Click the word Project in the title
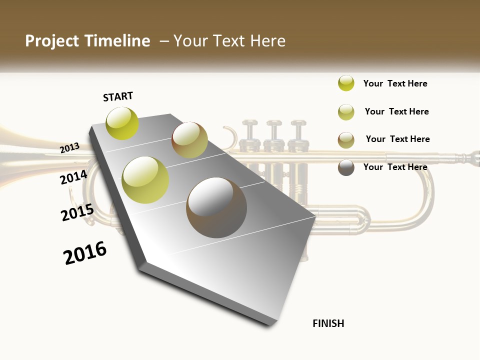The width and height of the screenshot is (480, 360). (52, 41)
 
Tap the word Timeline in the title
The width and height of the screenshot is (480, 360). (117, 41)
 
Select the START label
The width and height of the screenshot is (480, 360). (118, 97)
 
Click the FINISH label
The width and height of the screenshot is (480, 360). (328, 323)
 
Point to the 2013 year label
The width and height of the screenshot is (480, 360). (70, 147)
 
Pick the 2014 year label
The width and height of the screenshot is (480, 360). (74, 177)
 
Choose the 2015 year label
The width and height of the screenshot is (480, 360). (77, 212)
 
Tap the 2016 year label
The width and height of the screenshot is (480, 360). (85, 253)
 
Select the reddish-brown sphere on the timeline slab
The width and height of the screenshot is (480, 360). (189, 140)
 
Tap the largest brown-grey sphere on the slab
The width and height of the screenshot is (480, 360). (216, 207)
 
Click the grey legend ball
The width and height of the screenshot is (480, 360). (346, 167)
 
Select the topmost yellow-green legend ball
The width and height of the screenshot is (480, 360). (346, 83)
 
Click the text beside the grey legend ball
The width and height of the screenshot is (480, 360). (395, 167)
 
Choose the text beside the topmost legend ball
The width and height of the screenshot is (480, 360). (395, 83)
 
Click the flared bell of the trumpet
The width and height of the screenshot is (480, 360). (20, 150)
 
